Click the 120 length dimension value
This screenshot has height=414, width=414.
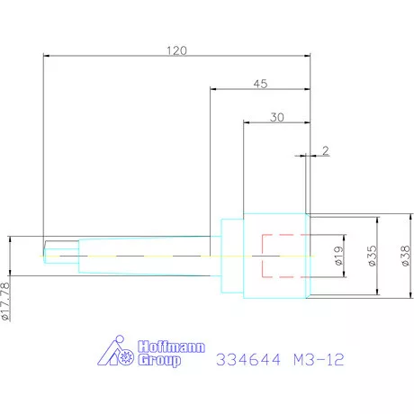coord(176,50)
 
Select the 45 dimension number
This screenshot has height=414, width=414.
coord(260,84)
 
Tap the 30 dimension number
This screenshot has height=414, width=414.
coord(276,117)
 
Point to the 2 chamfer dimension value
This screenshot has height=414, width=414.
coord(326,150)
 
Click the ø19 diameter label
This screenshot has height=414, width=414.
coord(338,256)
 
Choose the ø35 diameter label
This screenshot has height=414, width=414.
coord(372,256)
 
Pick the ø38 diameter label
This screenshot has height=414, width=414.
coord(405,256)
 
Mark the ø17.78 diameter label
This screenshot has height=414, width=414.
coord(5,301)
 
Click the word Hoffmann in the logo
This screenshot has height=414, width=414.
coord(172,346)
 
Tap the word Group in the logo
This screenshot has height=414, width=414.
coord(159,360)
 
